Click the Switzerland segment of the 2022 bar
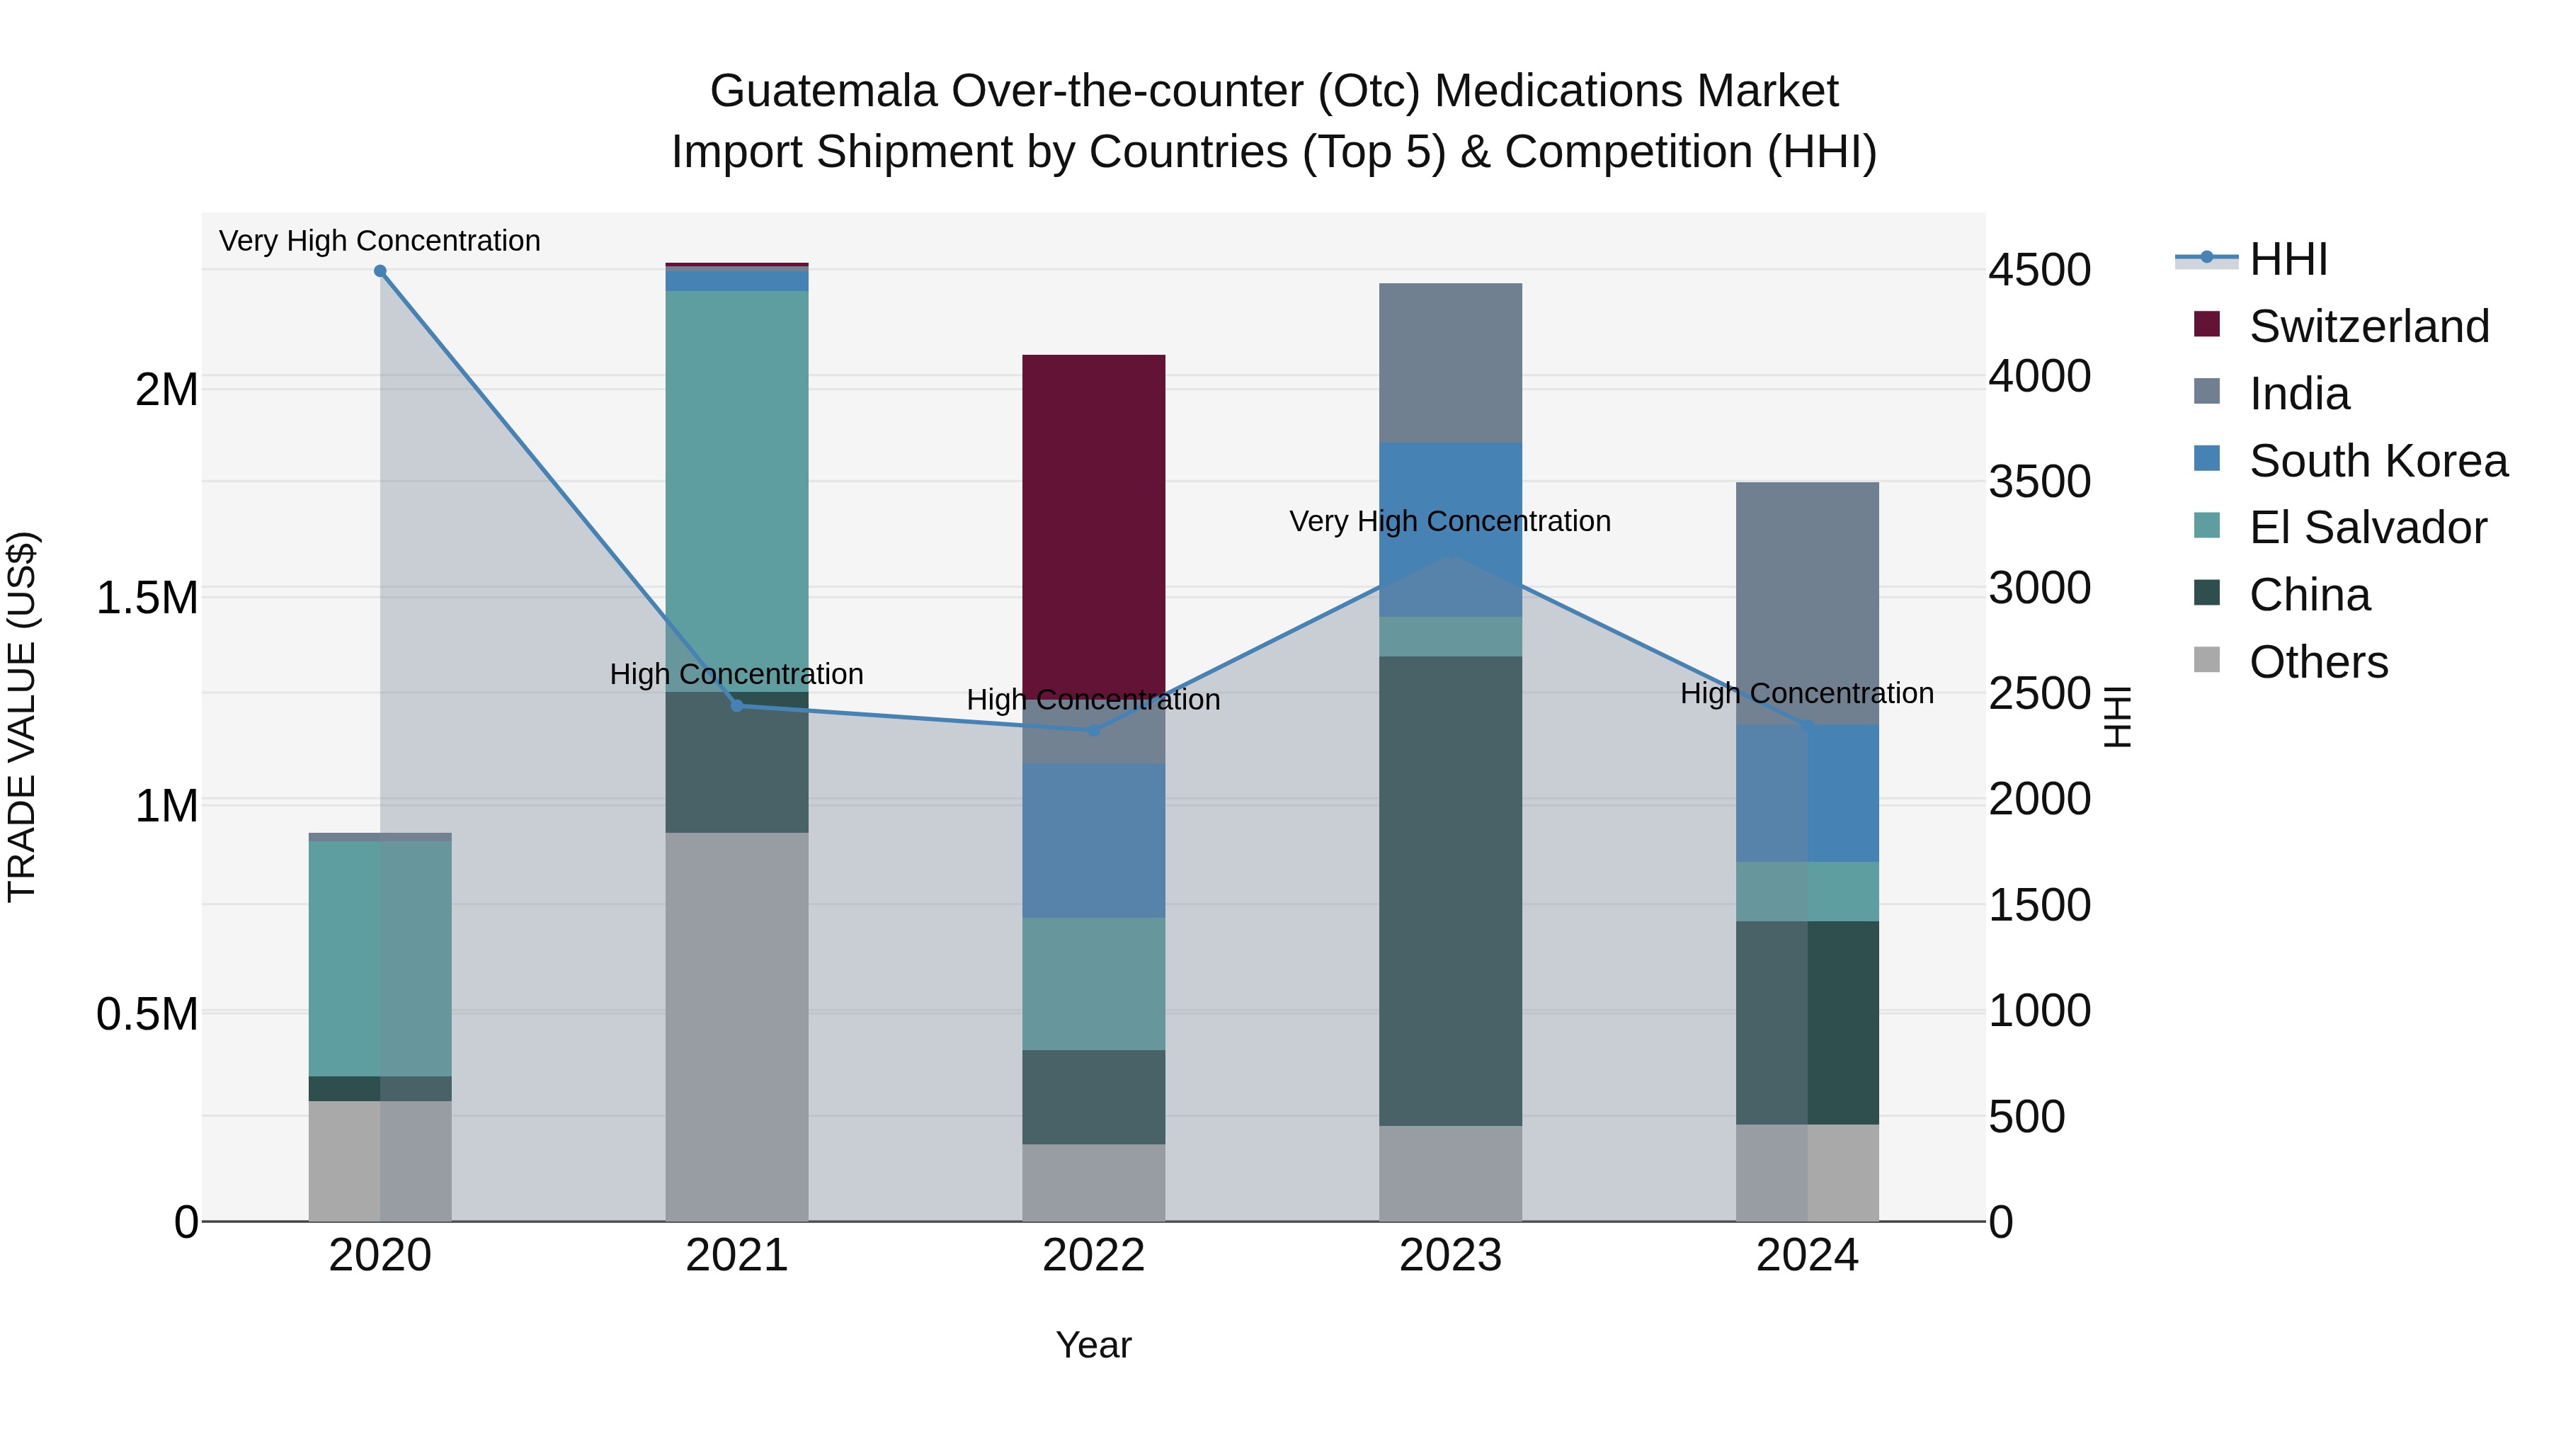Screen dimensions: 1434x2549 click(x=1093, y=525)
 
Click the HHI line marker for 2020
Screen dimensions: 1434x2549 click(x=380, y=271)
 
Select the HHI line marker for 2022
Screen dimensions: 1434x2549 click(x=1093, y=730)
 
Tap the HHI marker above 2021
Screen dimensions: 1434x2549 click(x=736, y=705)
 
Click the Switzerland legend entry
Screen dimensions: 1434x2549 click(x=2367, y=326)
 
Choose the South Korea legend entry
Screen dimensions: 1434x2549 click(x=2377, y=461)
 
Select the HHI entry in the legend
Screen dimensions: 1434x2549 click(x=2288, y=259)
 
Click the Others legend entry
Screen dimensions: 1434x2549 click(x=2317, y=662)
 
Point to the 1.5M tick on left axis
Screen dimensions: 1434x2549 click(x=147, y=598)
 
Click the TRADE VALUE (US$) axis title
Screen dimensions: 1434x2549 click(x=22, y=717)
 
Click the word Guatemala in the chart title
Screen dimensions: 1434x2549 click(x=823, y=92)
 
